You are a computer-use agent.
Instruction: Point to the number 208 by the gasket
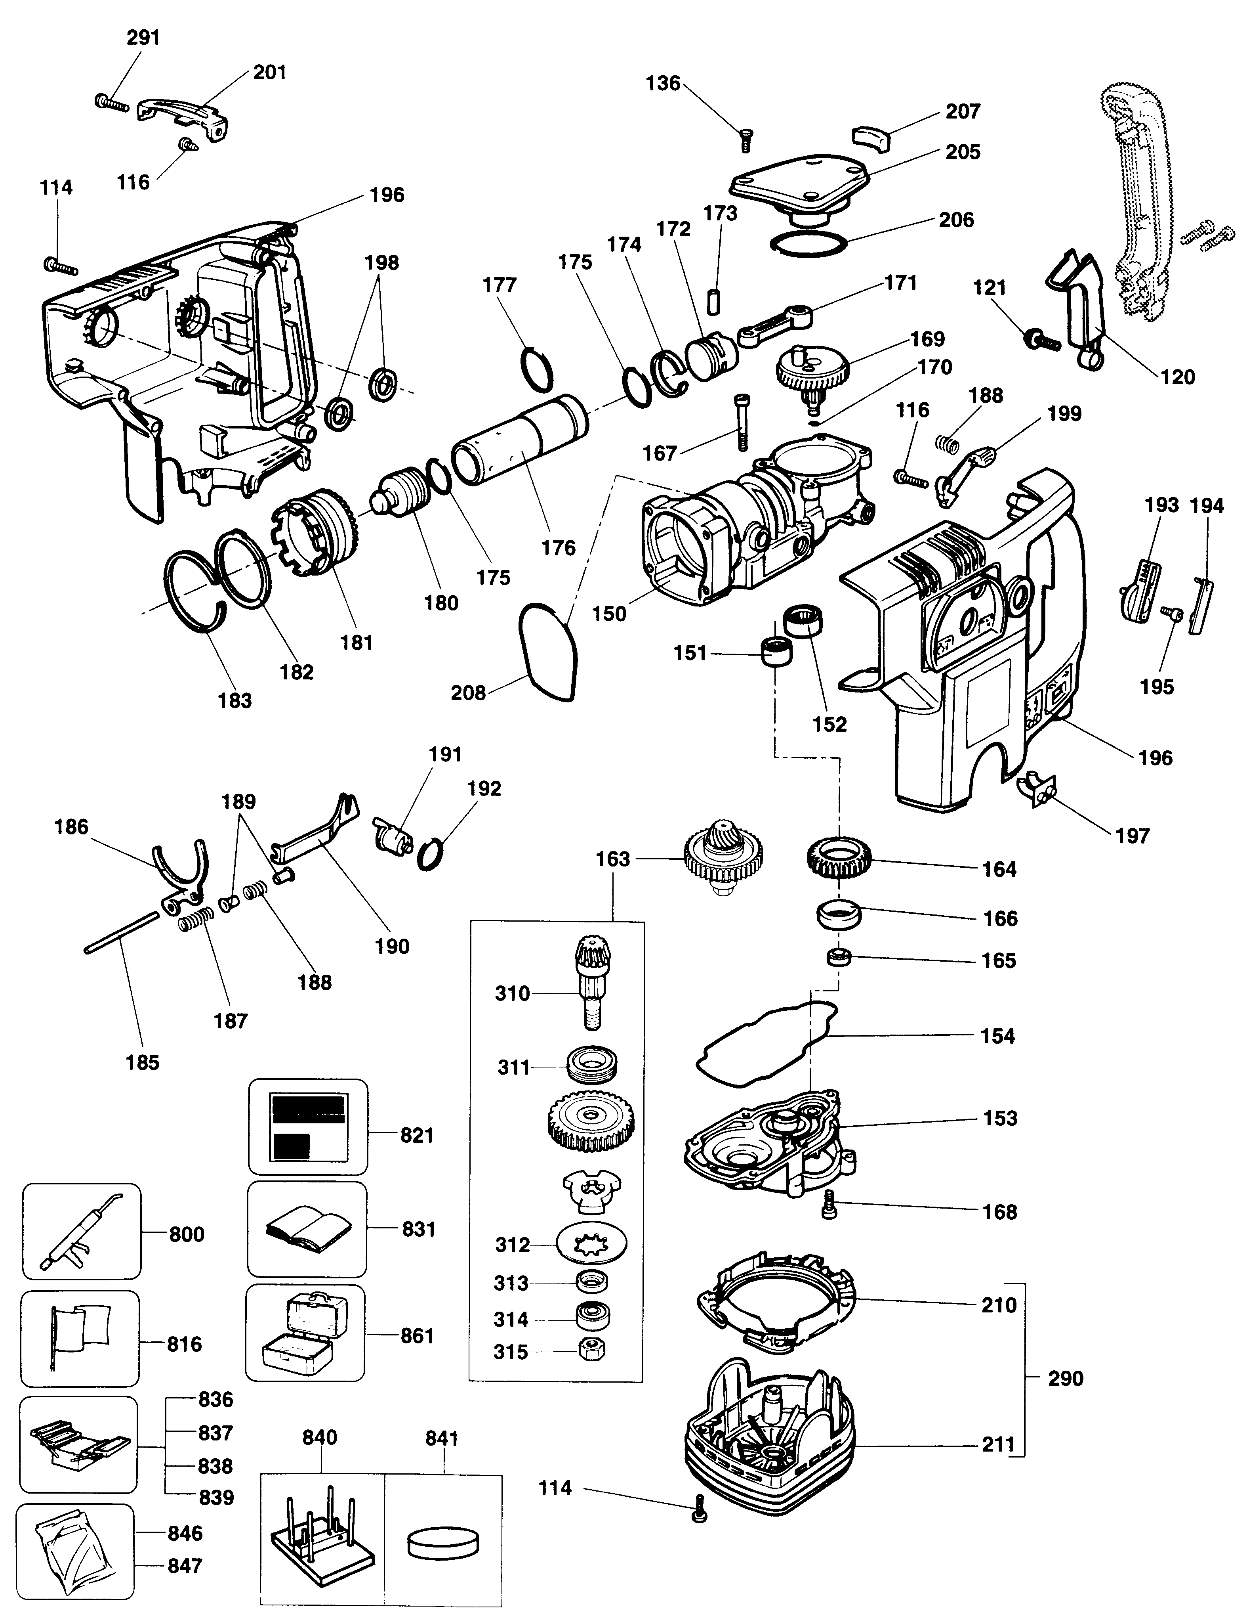pyautogui.click(x=467, y=693)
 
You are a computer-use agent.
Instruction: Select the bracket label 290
pyautogui.click(x=1065, y=1379)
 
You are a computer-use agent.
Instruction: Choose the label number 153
pyautogui.click(x=1000, y=1118)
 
